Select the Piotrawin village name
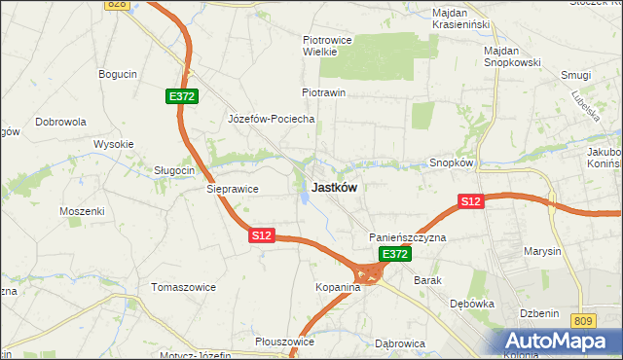(x=324, y=92)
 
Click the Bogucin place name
(x=118, y=73)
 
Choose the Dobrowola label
(x=61, y=122)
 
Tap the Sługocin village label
(x=175, y=169)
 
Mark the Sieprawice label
(x=232, y=190)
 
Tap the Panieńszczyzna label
(x=407, y=237)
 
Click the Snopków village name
(x=451, y=163)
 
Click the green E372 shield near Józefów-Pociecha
(x=182, y=96)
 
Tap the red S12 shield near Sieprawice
(x=261, y=235)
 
